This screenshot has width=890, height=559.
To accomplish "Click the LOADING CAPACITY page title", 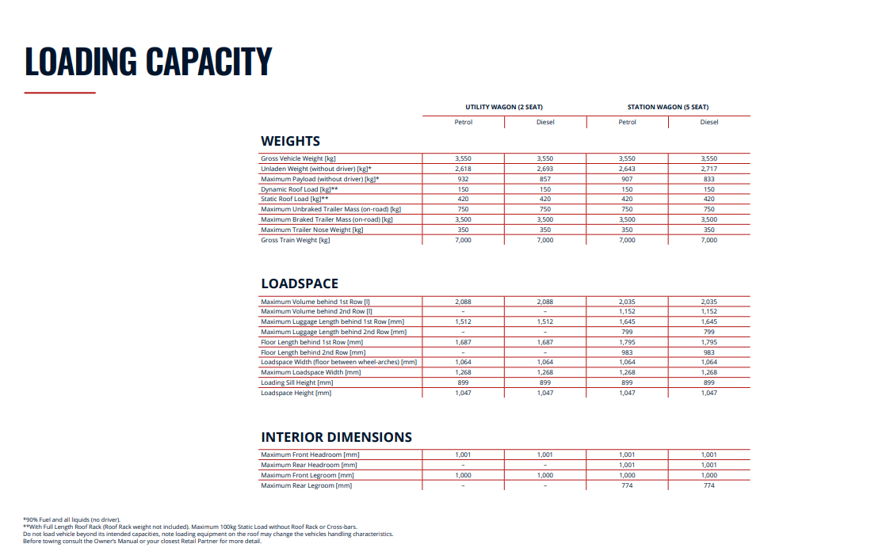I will pyautogui.click(x=148, y=61).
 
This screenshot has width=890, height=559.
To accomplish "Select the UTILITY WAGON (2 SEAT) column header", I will pyautogui.click(x=504, y=107).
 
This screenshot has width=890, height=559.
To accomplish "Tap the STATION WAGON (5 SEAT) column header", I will pyautogui.click(x=668, y=107).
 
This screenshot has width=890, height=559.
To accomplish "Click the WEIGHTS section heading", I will pyautogui.click(x=290, y=141).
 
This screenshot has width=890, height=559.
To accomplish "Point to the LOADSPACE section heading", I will pyautogui.click(x=300, y=283).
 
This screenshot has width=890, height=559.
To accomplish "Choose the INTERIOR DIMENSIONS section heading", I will pyautogui.click(x=336, y=437).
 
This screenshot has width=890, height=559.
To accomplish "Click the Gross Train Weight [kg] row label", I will pyautogui.click(x=295, y=240).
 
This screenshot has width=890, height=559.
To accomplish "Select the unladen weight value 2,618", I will pyautogui.click(x=463, y=169).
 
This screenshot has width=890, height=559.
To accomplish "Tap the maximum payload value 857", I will pyautogui.click(x=545, y=179).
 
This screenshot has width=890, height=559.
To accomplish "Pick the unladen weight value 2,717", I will pyautogui.click(x=709, y=169).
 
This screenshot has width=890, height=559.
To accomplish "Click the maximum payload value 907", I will pyautogui.click(x=627, y=179).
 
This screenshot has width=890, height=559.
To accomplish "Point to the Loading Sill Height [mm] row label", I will pyautogui.click(x=296, y=382).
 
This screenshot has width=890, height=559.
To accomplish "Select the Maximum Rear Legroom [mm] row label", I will pyautogui.click(x=306, y=485).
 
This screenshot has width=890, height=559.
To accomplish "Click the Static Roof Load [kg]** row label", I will pyautogui.click(x=294, y=200).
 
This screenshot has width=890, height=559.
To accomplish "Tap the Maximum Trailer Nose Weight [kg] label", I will pyautogui.click(x=311, y=230).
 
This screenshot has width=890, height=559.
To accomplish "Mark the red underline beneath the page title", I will pyautogui.click(x=59, y=93).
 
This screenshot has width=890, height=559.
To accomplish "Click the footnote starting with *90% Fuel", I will pyautogui.click(x=71, y=519).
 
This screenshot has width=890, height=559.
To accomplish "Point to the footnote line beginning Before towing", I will pyautogui.click(x=142, y=542).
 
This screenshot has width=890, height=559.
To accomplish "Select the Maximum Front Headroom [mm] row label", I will pyautogui.click(x=310, y=454).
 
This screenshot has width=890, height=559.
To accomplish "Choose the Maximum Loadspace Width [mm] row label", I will pyautogui.click(x=311, y=372).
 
